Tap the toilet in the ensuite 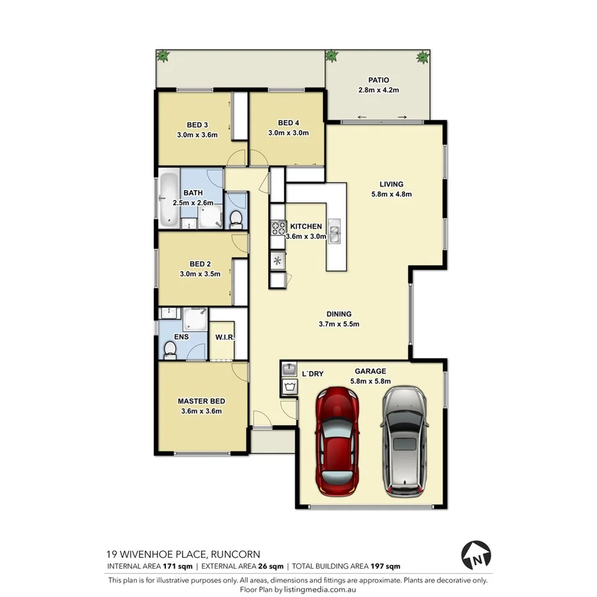click(170, 349)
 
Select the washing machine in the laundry click(290, 386)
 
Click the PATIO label click(378, 81)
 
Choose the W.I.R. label click(224, 337)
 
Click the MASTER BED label click(201, 402)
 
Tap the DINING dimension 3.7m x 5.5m click(339, 324)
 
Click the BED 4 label click(288, 123)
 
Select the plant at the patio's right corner click(422, 58)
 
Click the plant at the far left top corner click(163, 57)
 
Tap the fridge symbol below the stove click(278, 259)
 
